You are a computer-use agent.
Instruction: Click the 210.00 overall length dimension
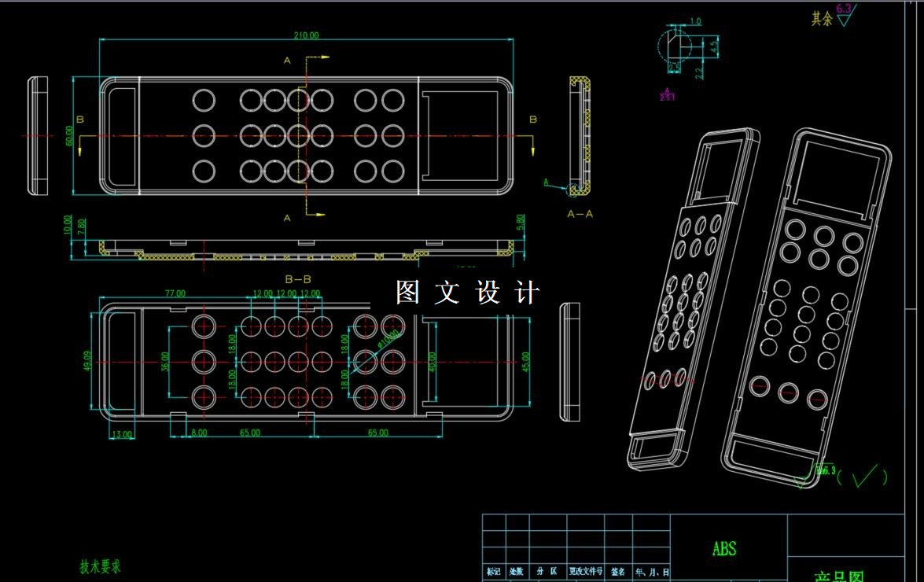click(307, 35)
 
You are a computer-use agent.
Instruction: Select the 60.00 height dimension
click(70, 136)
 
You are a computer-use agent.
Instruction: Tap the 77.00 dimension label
click(175, 293)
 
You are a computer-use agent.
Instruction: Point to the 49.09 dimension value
click(87, 360)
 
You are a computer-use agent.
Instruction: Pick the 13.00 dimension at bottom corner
click(123, 433)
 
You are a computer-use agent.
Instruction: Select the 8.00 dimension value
click(199, 433)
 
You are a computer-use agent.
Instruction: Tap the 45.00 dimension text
click(525, 360)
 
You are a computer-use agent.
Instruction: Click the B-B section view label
click(298, 278)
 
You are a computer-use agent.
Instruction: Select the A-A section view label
click(580, 213)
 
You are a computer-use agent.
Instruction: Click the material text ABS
click(724, 548)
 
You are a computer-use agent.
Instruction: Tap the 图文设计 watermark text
click(468, 293)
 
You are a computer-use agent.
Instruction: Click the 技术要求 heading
click(100, 566)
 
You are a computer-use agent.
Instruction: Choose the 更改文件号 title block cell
click(586, 572)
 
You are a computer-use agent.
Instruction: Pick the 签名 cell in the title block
click(618, 572)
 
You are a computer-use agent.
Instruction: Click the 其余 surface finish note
click(822, 19)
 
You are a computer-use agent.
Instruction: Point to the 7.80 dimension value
click(83, 227)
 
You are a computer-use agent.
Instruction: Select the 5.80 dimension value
click(520, 223)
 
